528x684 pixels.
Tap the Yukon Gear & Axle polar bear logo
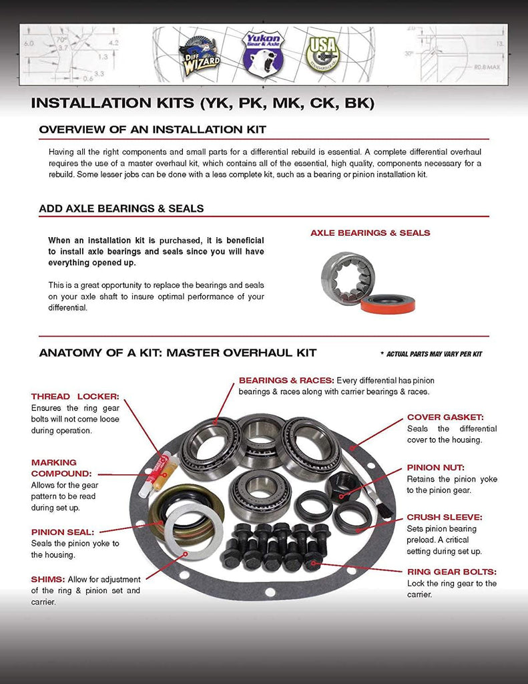pos(262,54)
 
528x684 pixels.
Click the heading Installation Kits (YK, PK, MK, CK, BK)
pos(202,104)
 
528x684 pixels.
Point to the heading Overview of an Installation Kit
pos(153,129)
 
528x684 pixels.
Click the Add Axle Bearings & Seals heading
pos(121,208)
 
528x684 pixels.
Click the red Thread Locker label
pos(75,396)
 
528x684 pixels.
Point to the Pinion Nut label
pos(435,468)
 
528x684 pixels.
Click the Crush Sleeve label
pos(445,517)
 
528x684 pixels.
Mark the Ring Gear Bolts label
pos(452,572)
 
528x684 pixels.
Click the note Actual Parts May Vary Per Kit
pos(431,353)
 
